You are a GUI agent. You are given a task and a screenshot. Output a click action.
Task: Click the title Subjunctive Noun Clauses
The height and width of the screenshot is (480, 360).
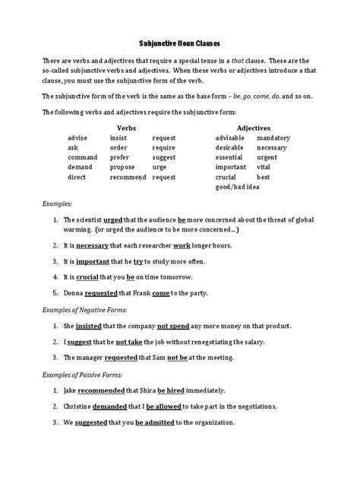[179, 45]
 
